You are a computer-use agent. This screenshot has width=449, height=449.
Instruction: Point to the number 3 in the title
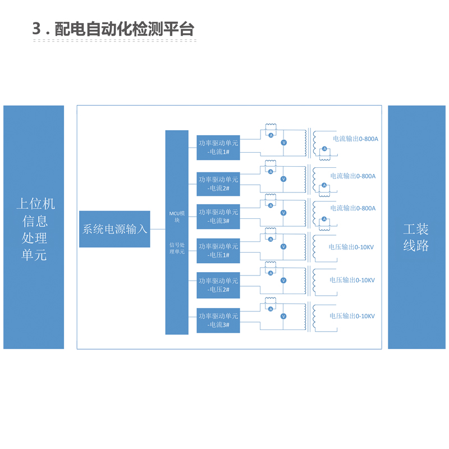(x=38, y=29)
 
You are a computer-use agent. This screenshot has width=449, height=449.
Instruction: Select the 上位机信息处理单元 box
(x=34, y=227)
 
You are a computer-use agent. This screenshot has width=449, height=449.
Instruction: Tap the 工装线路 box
(x=416, y=227)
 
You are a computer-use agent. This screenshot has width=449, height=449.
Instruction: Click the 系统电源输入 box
(x=114, y=229)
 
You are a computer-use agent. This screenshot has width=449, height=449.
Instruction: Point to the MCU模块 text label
(x=177, y=217)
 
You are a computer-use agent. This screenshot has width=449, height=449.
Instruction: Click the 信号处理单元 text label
(x=177, y=248)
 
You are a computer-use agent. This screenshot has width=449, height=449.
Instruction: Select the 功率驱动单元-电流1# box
(x=218, y=148)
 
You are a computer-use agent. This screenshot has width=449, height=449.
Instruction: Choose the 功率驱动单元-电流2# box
(x=218, y=184)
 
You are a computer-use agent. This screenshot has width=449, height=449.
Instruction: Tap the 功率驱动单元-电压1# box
(x=218, y=250)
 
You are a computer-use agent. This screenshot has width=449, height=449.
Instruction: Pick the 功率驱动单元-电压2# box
(x=218, y=285)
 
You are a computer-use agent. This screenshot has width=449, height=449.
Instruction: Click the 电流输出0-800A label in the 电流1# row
(x=355, y=139)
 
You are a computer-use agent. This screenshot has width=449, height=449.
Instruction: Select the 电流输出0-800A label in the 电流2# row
(x=353, y=176)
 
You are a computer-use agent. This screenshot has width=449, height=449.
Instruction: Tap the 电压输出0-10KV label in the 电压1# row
(x=352, y=246)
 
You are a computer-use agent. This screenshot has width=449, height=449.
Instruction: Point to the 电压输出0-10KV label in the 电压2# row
(x=352, y=280)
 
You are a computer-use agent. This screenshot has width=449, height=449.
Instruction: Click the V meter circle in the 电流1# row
(x=283, y=143)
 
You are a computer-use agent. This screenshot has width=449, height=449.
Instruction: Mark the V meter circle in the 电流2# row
(x=283, y=179)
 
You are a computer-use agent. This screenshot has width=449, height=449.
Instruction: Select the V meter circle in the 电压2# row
(x=283, y=280)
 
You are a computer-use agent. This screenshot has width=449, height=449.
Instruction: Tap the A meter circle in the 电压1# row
(x=271, y=239)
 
